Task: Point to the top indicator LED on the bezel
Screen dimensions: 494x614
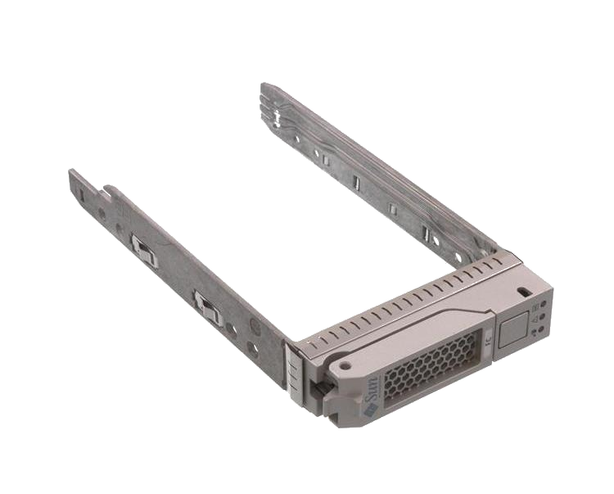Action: click(x=544, y=304)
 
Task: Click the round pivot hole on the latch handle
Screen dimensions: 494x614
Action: click(x=346, y=365)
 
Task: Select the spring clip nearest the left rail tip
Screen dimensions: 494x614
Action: click(x=142, y=249)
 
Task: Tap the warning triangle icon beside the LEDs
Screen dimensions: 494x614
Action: click(x=536, y=315)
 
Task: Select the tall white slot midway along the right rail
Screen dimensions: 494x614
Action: click(x=356, y=182)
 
